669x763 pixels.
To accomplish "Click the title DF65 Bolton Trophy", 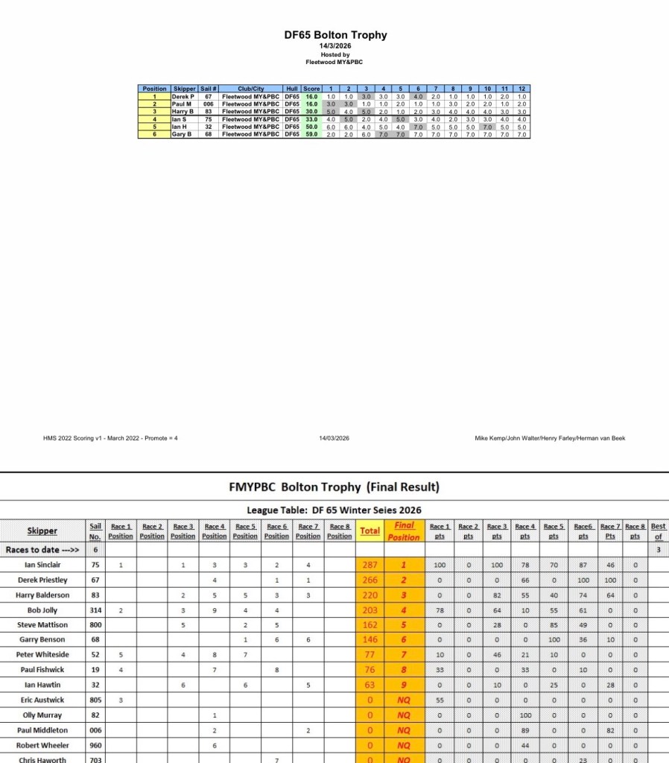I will (335, 35).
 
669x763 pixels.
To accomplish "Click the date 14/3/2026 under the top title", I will (335, 46).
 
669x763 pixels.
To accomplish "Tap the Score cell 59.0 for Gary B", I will (311, 135).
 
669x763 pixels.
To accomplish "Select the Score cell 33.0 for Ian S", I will (311, 119).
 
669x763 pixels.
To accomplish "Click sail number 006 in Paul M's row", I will (209, 104).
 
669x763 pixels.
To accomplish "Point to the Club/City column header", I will (250, 89).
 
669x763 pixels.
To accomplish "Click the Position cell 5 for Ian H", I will (155, 127).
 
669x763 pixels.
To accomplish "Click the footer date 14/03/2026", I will (334, 438).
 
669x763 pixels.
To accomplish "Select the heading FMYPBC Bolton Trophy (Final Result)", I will (334, 487).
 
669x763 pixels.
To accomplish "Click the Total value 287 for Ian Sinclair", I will (370, 565).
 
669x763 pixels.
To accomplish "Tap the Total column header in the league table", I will (370, 531).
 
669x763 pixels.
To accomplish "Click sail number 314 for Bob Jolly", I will (95, 610).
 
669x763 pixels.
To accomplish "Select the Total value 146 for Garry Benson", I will (370, 639).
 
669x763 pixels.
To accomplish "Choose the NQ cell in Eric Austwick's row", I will (404, 700).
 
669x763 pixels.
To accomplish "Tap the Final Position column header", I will (404, 531).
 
